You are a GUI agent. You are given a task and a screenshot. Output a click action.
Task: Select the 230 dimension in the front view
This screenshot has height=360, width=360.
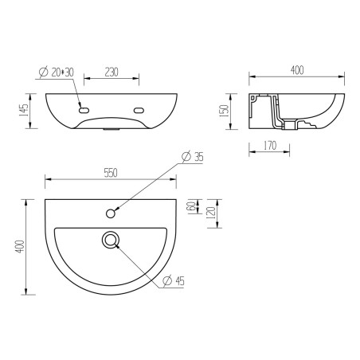pyautogui.click(x=111, y=72)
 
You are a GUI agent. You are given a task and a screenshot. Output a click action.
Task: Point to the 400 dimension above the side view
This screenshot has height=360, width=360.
pyautogui.click(x=296, y=71)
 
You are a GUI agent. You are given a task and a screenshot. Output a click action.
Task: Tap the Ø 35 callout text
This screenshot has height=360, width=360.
pyautogui.click(x=193, y=157)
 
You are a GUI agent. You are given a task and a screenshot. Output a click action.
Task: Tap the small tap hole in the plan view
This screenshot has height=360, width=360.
pyautogui.click(x=111, y=213)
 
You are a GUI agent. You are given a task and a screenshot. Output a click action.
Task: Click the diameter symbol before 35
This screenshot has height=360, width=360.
pyautogui.click(x=184, y=157)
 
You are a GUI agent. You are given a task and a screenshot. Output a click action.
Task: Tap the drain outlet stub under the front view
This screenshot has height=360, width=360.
pyautogui.click(x=111, y=129)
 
